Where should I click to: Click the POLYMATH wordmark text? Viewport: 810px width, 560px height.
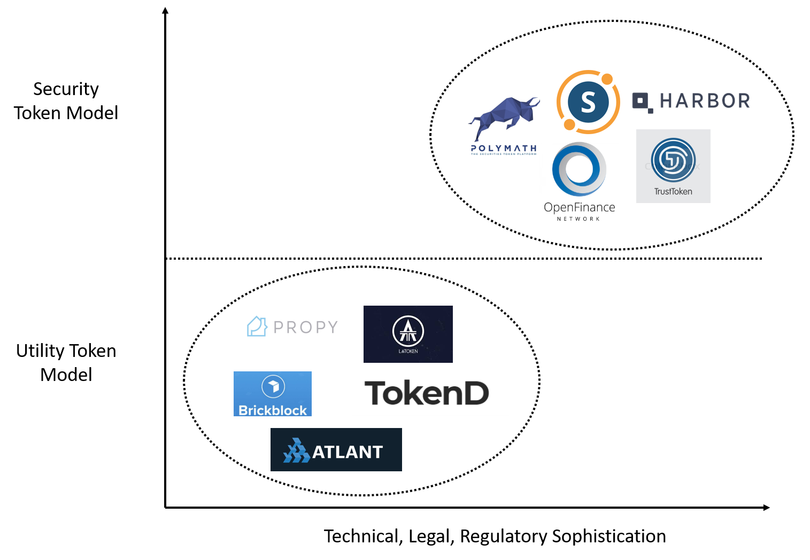click(504, 148)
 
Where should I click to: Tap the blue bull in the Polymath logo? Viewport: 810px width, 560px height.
click(503, 119)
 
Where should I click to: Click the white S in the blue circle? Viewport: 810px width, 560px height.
click(588, 102)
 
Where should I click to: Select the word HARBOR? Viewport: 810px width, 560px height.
click(705, 101)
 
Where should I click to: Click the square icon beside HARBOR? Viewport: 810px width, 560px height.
click(641, 100)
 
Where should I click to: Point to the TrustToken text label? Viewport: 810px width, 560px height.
click(673, 191)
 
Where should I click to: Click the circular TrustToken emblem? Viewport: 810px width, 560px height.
click(673, 160)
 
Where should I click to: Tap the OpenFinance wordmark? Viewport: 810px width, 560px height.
click(580, 207)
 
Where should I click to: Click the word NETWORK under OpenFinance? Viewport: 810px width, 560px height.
click(578, 219)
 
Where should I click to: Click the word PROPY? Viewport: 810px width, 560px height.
click(306, 327)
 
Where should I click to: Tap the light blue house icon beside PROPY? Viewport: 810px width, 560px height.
click(257, 326)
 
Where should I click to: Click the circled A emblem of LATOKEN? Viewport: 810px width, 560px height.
click(408, 331)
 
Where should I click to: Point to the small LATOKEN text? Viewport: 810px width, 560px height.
click(408, 351)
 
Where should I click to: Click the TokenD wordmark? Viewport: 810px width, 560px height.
click(426, 393)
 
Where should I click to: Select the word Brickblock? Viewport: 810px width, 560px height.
click(273, 410)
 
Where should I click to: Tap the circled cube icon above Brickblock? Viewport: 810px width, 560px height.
click(273, 386)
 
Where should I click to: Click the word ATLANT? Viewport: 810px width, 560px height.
click(348, 452)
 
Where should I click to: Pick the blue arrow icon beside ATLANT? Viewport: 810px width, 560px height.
click(296, 451)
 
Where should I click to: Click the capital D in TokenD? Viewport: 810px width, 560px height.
click(474, 393)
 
